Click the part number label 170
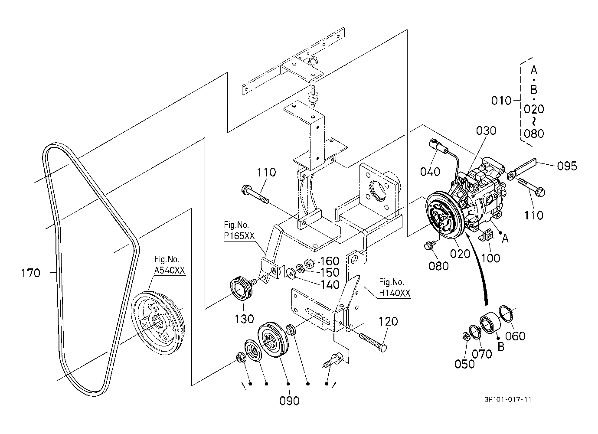(x=31, y=273)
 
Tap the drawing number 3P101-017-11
(x=508, y=400)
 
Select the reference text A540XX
(x=170, y=271)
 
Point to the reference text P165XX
(x=239, y=236)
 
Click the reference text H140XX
(x=395, y=293)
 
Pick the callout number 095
(x=567, y=166)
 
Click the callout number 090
(x=289, y=401)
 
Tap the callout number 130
(x=244, y=319)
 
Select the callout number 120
(x=388, y=321)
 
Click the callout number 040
(x=430, y=172)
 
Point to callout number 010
(x=501, y=101)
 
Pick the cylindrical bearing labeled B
(x=488, y=323)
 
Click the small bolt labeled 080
(x=430, y=245)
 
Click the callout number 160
(x=330, y=261)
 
